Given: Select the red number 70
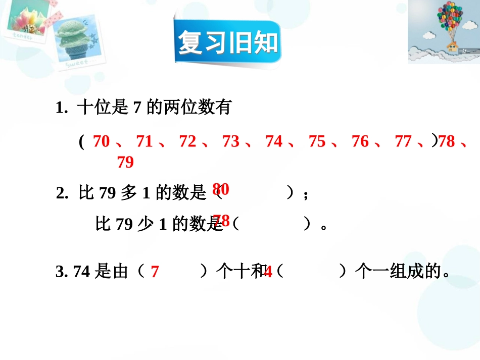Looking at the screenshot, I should [101, 142].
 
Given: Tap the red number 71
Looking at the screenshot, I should [145, 142].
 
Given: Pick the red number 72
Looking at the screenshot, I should [187, 142].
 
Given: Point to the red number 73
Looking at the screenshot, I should [231, 142].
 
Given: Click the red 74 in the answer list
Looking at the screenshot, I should [274, 142].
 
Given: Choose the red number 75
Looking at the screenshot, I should [317, 142].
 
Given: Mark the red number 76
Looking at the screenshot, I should [360, 142].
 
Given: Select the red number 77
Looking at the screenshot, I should [403, 142].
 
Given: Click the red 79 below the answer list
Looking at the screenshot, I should [125, 163].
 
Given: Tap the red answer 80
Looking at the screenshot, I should [221, 189].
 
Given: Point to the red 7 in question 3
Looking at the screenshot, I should [155, 273].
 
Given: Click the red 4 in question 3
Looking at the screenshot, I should [268, 273].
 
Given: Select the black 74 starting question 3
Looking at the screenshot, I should [82, 272].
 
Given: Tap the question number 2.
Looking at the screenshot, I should [62, 194].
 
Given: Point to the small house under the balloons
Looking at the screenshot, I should [451, 47].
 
